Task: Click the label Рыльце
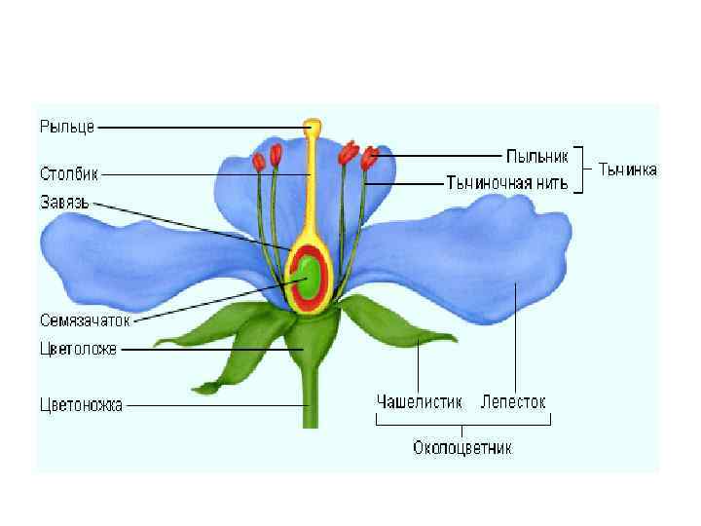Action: (x=66, y=126)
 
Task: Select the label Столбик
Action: (x=69, y=175)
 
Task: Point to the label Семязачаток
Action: (x=85, y=319)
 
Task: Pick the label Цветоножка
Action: (x=82, y=404)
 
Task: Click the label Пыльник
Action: (x=536, y=155)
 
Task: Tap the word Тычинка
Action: (x=627, y=169)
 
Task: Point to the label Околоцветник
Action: (x=462, y=448)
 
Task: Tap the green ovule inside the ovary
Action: (x=311, y=275)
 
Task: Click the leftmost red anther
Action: (x=259, y=162)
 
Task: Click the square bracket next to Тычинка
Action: (x=580, y=169)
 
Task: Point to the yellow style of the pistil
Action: (x=312, y=185)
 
